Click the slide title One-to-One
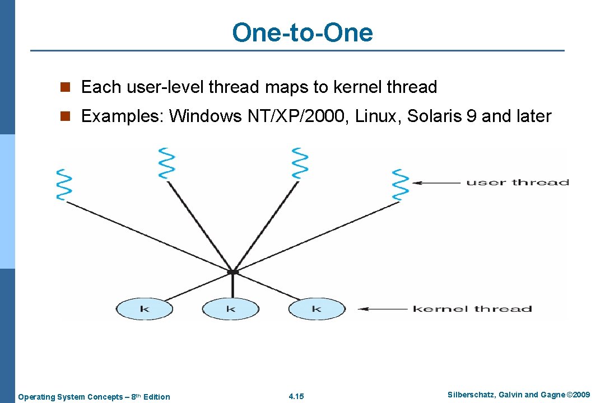(x=302, y=32)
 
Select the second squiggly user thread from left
(x=166, y=163)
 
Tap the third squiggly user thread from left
(x=300, y=163)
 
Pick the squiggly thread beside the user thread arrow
(x=400, y=185)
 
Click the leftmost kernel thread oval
(x=144, y=309)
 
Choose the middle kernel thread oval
(x=230, y=309)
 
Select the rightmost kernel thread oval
(x=317, y=309)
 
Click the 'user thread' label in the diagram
(x=517, y=182)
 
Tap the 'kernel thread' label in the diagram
(x=472, y=309)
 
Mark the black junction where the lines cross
(x=232, y=273)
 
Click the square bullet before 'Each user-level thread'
(x=67, y=87)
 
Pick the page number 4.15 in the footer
(x=296, y=397)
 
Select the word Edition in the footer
(x=156, y=397)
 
